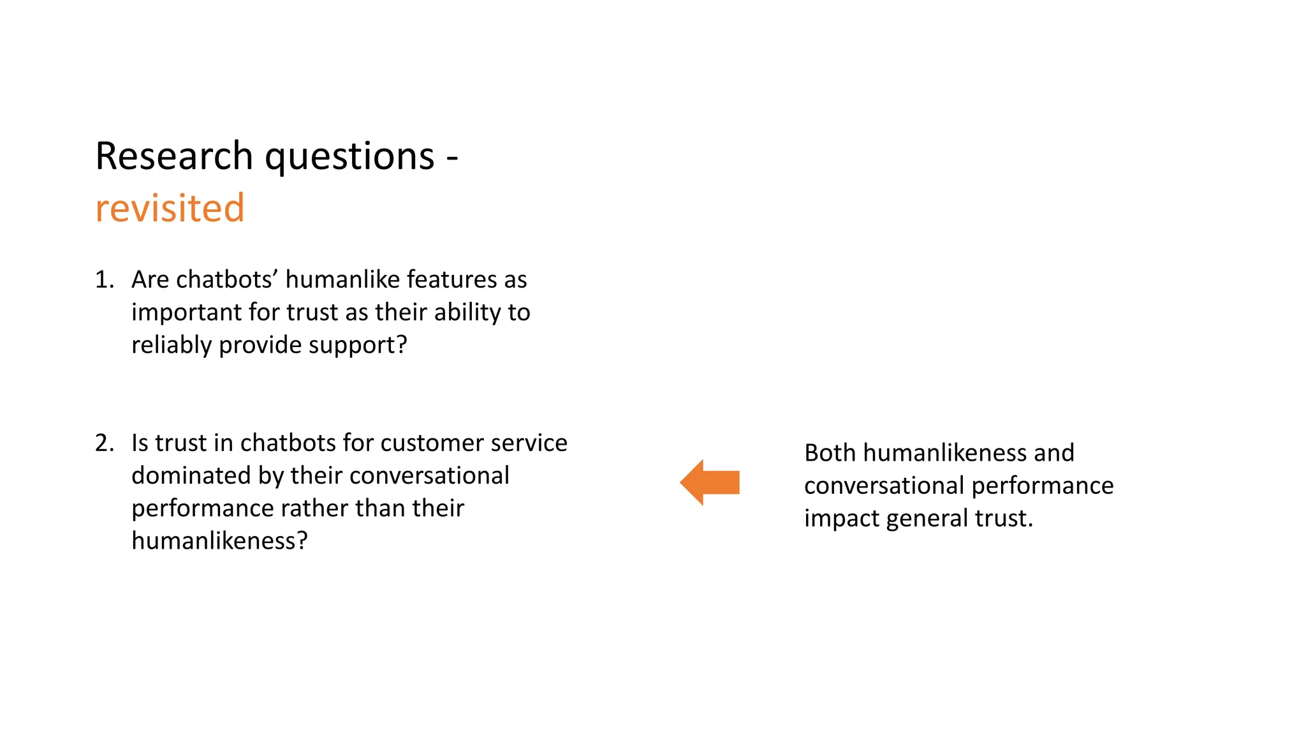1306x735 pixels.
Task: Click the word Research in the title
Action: tap(174, 156)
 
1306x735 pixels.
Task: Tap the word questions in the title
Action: tap(349, 158)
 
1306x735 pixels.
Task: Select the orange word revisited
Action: tap(170, 208)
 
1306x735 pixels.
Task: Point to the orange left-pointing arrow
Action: tap(709, 482)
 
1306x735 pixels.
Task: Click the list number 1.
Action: tap(104, 279)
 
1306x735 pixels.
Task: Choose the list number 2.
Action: tap(104, 443)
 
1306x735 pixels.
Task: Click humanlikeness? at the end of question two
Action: tap(219, 541)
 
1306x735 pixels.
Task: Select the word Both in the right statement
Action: tap(830, 453)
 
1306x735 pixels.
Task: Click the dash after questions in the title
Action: tap(452, 157)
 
